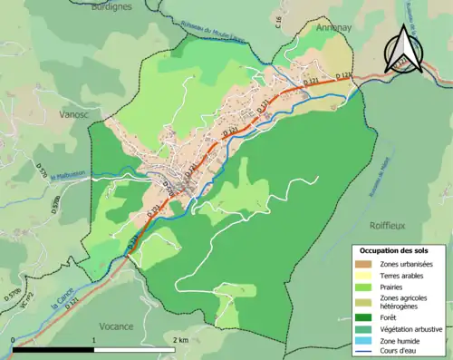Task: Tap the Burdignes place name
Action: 112,5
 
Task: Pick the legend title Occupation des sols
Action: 393,249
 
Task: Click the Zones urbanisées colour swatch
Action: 363,263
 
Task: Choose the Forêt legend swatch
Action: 363,316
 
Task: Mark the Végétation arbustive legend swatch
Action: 363,328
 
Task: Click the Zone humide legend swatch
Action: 363,340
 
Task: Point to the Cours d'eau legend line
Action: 363,352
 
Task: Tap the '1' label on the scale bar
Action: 94,339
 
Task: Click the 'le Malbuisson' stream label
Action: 67,176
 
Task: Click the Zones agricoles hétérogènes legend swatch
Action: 363,301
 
